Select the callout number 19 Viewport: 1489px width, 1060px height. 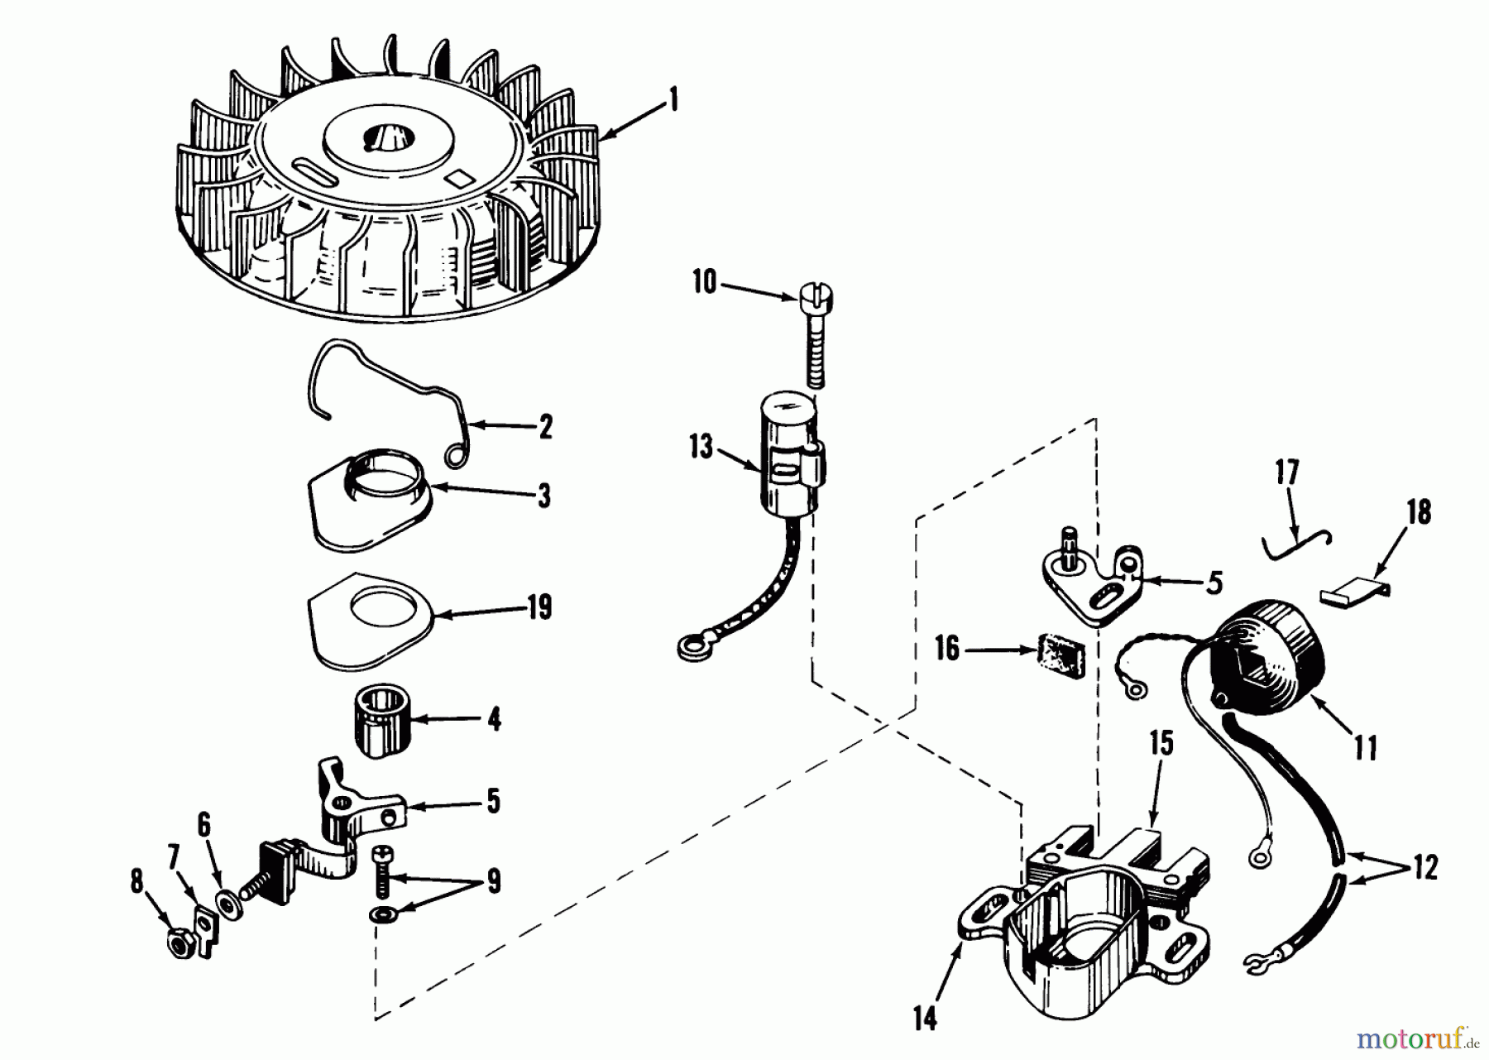539,608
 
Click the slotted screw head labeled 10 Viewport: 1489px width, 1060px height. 816,295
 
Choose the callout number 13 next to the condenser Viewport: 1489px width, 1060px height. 701,447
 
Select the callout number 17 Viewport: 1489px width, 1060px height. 1287,473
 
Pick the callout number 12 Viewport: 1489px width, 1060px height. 1426,867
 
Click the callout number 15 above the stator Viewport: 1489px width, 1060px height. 1161,744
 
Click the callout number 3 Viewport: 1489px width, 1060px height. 543,496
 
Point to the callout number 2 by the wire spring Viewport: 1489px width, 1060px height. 545,427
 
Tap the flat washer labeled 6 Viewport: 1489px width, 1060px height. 224,899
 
